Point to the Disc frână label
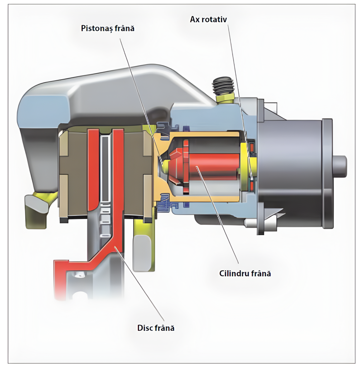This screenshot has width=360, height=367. [156, 328]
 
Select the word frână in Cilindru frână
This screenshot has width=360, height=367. [259, 273]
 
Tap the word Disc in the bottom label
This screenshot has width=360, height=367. [144, 328]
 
